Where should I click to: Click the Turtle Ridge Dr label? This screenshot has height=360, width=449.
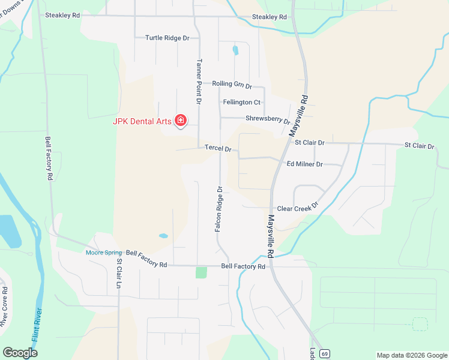[167, 38]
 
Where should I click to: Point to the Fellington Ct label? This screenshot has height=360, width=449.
[241, 103]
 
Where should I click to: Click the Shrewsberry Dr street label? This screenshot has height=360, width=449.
[268, 119]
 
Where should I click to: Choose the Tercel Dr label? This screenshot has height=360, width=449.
[218, 148]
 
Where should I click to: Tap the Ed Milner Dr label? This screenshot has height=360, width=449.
[305, 164]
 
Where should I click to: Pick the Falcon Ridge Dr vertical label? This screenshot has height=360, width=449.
[219, 209]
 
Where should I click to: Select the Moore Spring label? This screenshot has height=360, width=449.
[103, 253]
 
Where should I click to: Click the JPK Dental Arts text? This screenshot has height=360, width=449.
[142, 121]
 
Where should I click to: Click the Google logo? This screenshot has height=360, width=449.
[20, 353]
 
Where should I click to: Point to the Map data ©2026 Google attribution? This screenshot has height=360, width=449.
[411, 355]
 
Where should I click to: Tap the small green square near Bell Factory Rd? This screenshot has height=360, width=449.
[201, 272]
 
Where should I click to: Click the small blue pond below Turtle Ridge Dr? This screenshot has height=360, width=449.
[235, 50]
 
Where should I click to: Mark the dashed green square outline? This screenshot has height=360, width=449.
[420, 324]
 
